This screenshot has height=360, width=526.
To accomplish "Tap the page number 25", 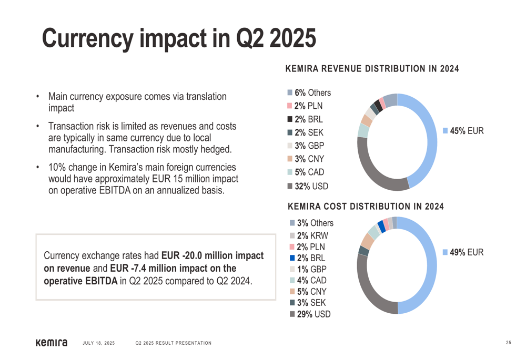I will pyautogui.click(x=509, y=343).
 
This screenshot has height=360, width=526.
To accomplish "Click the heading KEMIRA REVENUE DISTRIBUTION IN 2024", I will pyautogui.click(x=372, y=69).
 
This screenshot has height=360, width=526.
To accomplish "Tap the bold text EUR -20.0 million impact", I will pyautogui.click(x=212, y=256).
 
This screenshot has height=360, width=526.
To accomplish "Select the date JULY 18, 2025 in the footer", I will pyautogui.click(x=99, y=343).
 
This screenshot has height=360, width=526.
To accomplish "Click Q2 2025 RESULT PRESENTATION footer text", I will pyautogui.click(x=174, y=343).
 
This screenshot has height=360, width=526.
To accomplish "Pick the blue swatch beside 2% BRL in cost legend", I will pyautogui.click(x=292, y=258).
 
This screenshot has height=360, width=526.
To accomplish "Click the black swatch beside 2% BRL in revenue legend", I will pyautogui.click(x=290, y=119).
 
